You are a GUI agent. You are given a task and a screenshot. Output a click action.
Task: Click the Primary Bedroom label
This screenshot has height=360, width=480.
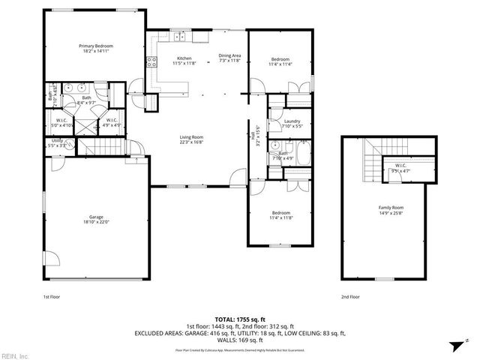point(94,46)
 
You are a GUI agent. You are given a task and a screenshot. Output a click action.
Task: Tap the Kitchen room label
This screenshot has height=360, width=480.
point(184,58)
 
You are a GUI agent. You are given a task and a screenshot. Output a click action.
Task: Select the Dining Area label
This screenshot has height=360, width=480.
point(229,55)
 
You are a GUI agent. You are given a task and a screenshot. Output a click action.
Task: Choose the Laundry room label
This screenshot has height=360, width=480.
point(292,121)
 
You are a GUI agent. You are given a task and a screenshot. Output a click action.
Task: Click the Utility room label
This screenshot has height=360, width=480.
point(58,140)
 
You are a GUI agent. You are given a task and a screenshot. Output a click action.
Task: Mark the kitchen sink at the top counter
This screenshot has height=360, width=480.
point(181,36)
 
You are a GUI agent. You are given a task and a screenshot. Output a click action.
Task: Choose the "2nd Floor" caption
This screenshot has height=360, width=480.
point(350,297)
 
